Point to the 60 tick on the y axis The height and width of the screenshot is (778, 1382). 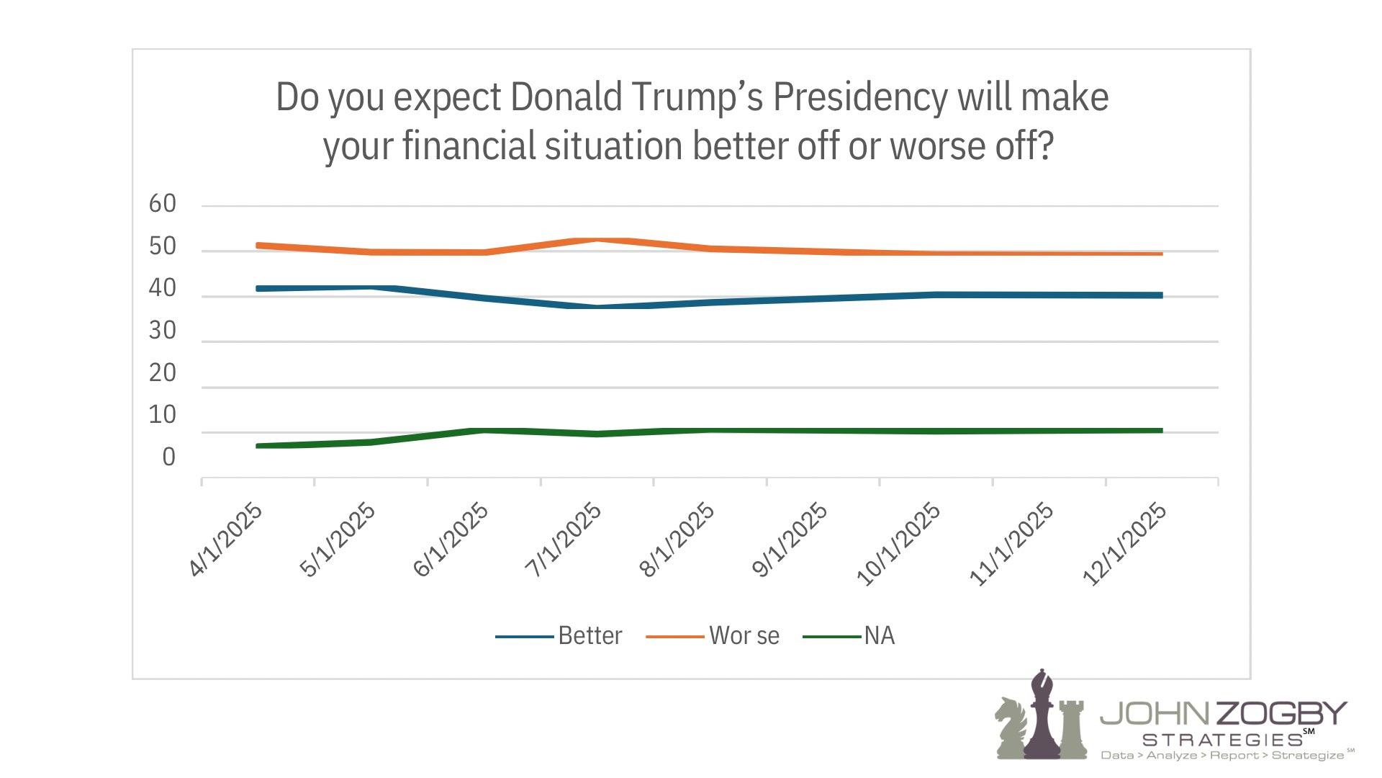point(163,204)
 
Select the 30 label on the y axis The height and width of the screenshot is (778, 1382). point(163,331)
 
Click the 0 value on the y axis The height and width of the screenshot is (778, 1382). point(168,457)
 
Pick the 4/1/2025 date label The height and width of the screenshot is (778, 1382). point(226,540)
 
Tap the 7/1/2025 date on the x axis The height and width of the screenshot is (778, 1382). point(564,540)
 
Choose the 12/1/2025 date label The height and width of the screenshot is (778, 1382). point(1124,543)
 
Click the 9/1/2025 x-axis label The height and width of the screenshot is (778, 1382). point(790,540)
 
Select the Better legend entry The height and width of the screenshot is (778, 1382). point(590,635)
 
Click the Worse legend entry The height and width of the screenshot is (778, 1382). point(744,635)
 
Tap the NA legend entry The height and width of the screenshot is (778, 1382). point(879,635)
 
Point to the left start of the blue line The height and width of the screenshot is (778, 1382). point(258,288)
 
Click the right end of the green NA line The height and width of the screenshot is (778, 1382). point(1161,431)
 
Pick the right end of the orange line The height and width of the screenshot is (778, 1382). point(1161,254)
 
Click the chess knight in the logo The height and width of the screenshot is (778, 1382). point(1011,728)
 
